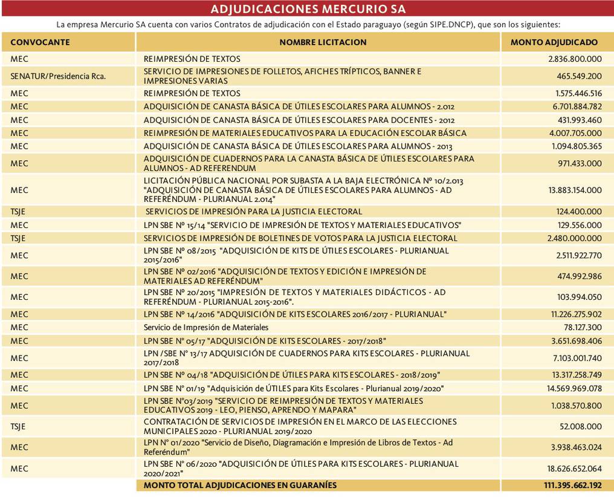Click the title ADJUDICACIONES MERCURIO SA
pos(308,9)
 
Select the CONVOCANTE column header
pos(40,42)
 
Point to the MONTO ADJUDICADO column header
pos(554,42)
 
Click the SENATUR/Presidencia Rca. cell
pos(58,76)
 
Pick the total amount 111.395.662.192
pos(569,485)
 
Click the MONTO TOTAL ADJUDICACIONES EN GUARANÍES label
pos(240,485)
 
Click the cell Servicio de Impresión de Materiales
pos(206,327)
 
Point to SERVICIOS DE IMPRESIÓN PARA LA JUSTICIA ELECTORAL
pos(254,212)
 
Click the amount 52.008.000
pos(581,426)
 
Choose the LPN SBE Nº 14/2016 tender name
pos(295,314)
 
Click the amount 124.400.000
pos(579,212)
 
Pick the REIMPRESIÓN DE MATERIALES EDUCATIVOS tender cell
pos(305,133)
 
